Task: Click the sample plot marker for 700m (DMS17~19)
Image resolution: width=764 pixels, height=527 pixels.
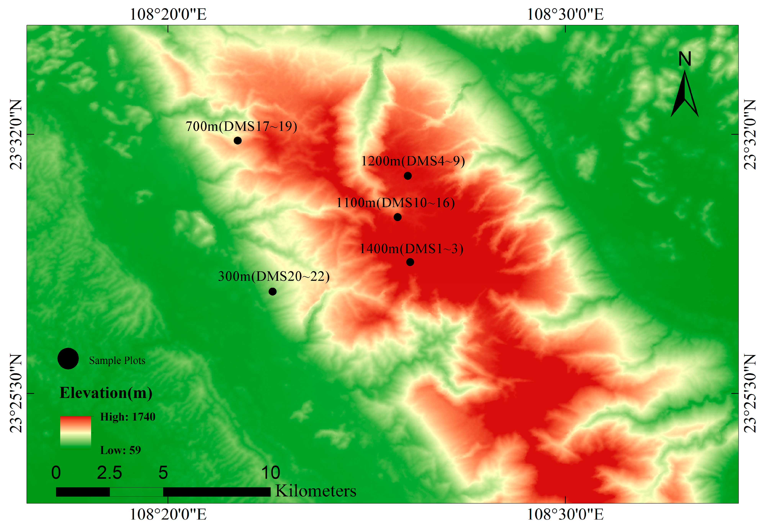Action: pyautogui.click(x=238, y=141)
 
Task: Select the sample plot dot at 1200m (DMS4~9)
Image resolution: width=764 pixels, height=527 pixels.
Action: pyautogui.click(x=408, y=176)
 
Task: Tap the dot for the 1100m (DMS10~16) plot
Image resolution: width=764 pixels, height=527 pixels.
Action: pyautogui.click(x=398, y=217)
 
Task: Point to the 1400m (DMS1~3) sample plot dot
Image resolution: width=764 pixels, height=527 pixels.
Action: pyautogui.click(x=410, y=262)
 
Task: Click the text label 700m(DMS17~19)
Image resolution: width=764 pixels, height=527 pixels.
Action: pyautogui.click(x=241, y=126)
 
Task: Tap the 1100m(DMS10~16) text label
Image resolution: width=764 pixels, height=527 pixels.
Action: pyautogui.click(x=395, y=203)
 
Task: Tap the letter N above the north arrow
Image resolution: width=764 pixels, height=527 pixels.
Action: pyautogui.click(x=685, y=59)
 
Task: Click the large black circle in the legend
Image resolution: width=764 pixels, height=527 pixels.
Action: pyautogui.click(x=68, y=359)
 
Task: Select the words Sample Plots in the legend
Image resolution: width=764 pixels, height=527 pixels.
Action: pyautogui.click(x=117, y=361)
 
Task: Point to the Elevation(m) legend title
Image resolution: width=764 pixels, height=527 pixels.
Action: pyautogui.click(x=106, y=393)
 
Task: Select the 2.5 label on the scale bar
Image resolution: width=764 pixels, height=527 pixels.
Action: pyautogui.click(x=109, y=473)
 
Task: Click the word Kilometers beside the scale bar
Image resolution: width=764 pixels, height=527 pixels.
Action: pyautogui.click(x=316, y=491)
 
